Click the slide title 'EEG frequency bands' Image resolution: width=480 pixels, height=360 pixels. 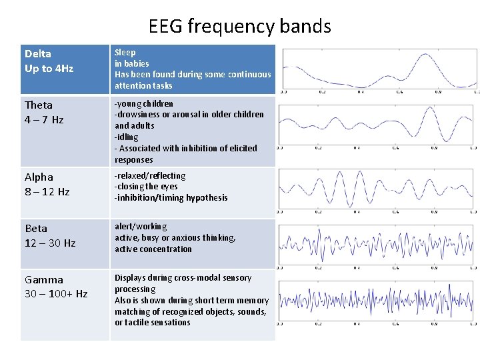pyautogui.click(x=240, y=26)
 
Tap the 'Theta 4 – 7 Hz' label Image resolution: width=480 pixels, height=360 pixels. pyautogui.click(x=44, y=112)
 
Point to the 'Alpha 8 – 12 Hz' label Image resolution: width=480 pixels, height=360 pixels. pyautogui.click(x=47, y=184)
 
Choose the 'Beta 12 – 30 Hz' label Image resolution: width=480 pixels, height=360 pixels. pyautogui.click(x=50, y=236)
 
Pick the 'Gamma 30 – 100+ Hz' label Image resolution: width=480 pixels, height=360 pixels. pyautogui.click(x=56, y=287)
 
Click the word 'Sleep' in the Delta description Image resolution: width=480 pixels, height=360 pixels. pyautogui.click(x=125, y=52)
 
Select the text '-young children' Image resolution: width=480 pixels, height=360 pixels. pyautogui.click(x=144, y=103)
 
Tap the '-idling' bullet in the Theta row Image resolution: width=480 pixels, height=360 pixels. pyautogui.click(x=127, y=137)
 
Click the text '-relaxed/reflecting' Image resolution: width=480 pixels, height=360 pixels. pyautogui.click(x=150, y=175)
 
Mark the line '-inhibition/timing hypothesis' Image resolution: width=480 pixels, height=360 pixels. pyautogui.click(x=171, y=197)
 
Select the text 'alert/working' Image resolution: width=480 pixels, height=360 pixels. pyautogui.click(x=141, y=227)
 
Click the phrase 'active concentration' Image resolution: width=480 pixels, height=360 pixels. pyautogui.click(x=153, y=249)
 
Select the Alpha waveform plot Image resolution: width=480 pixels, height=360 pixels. pyautogui.click(x=377, y=189)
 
